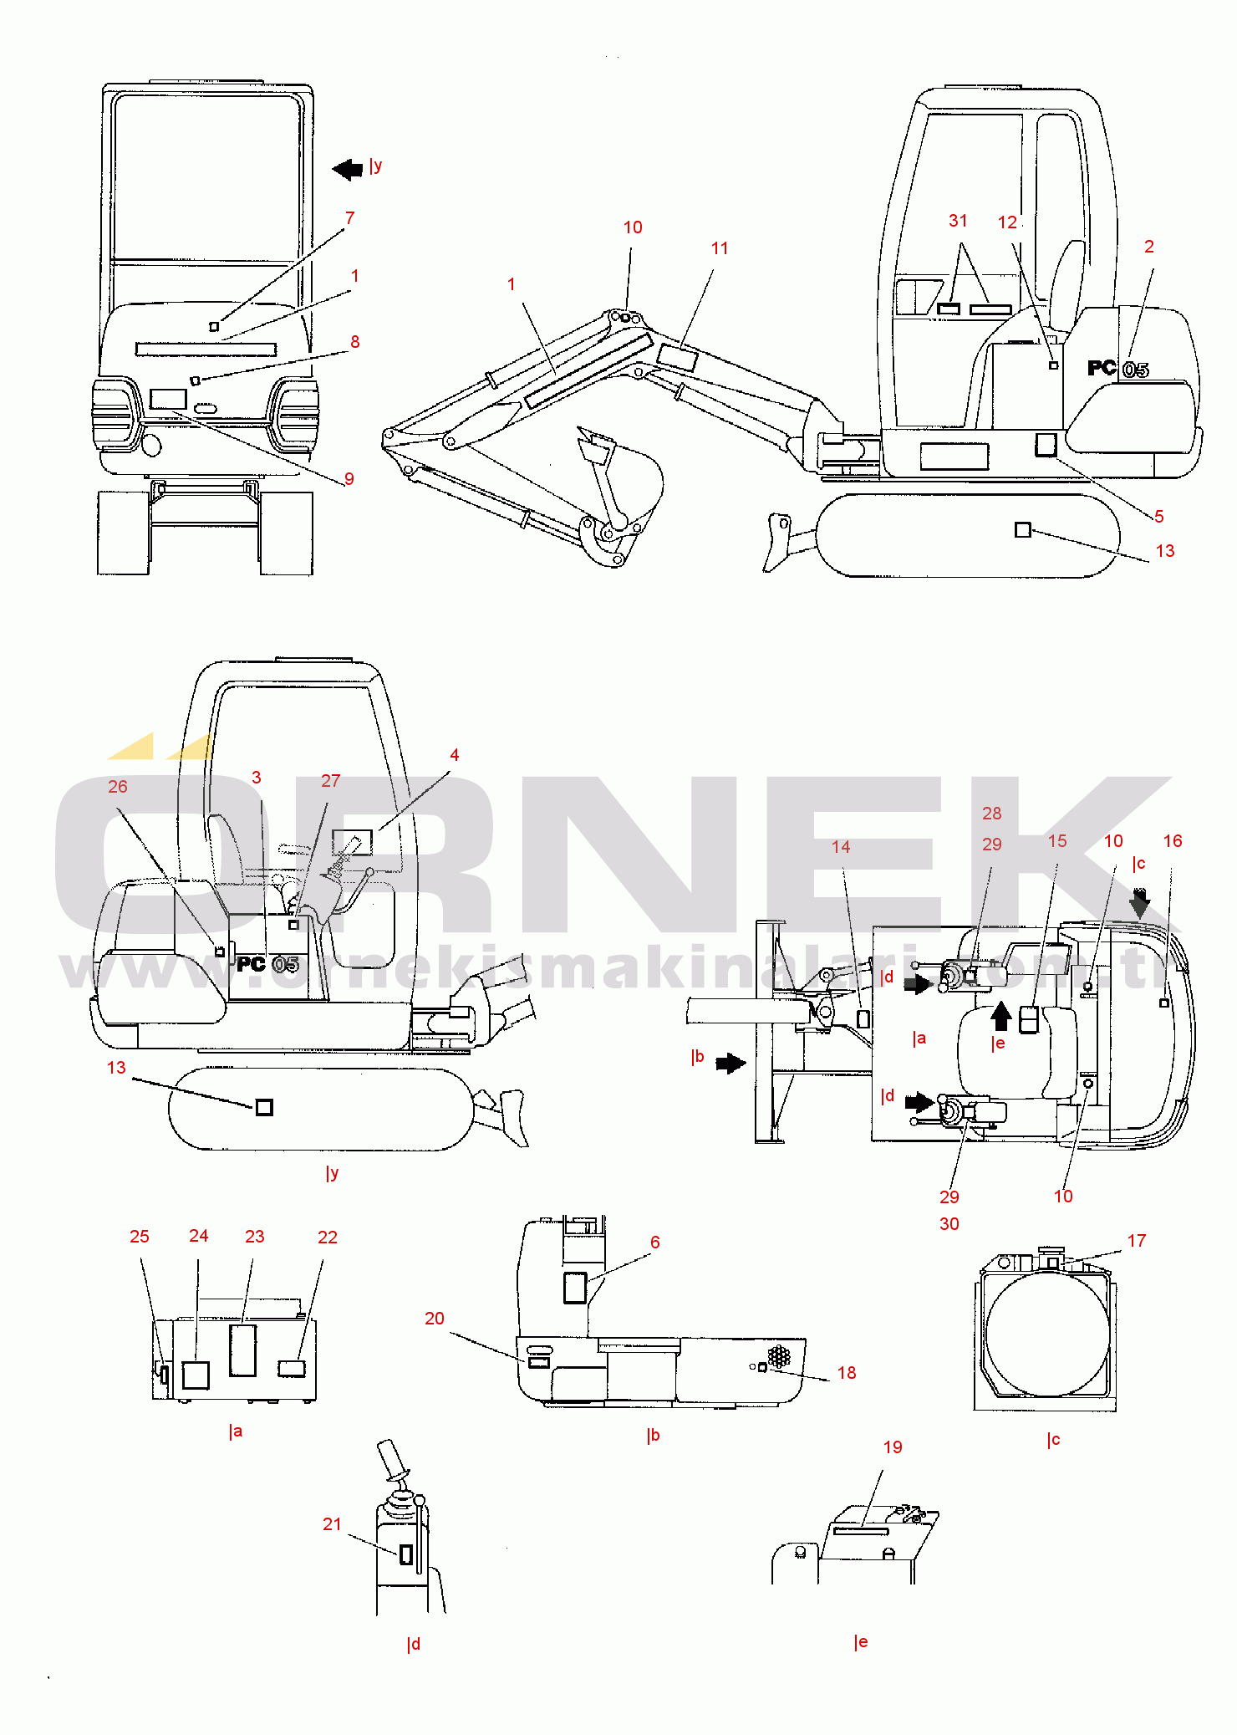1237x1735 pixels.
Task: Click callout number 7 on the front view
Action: coord(349,218)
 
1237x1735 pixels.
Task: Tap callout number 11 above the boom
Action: coord(720,248)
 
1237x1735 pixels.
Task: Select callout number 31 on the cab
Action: coord(958,221)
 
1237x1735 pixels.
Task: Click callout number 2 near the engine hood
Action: coord(1149,247)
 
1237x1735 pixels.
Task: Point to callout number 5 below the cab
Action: coord(1159,517)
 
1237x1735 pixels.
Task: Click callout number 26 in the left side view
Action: coord(118,787)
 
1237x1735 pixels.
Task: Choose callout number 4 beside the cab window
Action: coord(455,755)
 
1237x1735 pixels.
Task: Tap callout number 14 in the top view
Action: coord(841,847)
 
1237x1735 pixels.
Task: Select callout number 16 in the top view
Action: coord(1173,841)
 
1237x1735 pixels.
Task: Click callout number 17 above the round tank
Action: coord(1137,1241)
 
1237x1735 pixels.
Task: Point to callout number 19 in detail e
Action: coord(893,1447)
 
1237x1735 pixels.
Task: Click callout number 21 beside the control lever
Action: coord(333,1524)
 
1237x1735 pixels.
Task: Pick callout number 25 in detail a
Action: coord(140,1237)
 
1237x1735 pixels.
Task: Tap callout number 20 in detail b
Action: coord(435,1319)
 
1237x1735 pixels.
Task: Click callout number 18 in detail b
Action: coord(847,1373)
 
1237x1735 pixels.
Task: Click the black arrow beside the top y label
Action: coord(348,170)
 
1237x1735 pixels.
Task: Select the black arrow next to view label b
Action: coord(730,1064)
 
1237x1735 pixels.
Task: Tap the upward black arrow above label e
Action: coord(1001,1017)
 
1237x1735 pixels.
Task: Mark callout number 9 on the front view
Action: coord(349,479)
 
